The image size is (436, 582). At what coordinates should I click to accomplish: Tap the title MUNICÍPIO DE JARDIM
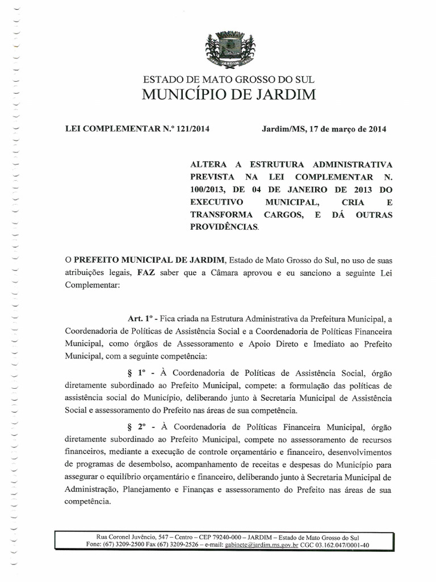click(x=229, y=95)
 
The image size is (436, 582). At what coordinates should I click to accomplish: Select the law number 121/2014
click(x=193, y=129)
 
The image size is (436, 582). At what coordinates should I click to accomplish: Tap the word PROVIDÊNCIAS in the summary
click(x=224, y=227)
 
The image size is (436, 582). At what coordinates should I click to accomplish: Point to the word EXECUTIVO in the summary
click(x=216, y=202)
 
